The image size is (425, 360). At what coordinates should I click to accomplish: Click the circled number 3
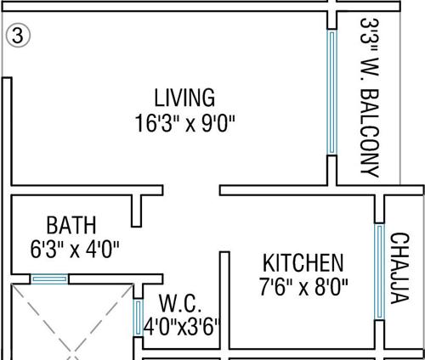15,36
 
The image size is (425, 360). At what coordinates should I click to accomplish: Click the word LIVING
184,96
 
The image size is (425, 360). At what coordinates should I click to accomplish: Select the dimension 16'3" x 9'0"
184,124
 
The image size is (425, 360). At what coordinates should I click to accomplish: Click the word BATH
71,226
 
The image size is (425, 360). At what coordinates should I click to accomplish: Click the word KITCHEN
303,262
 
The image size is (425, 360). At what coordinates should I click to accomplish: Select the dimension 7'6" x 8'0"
303,285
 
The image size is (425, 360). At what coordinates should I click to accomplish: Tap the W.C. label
179,303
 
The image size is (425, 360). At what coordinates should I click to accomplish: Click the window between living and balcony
331,93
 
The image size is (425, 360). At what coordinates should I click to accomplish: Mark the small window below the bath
49,278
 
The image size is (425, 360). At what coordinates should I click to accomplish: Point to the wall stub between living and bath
136,208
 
